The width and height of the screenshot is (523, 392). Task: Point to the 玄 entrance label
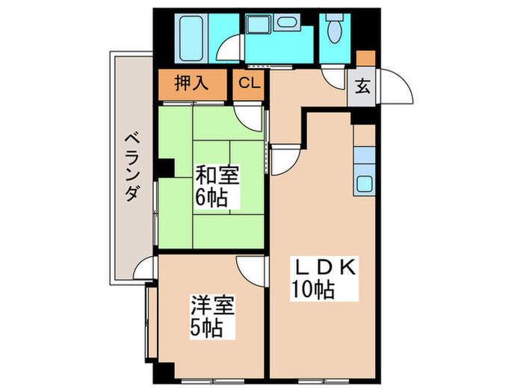tap(362, 87)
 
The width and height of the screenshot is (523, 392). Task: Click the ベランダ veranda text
tap(131, 167)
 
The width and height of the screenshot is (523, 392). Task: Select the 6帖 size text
tap(213, 199)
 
